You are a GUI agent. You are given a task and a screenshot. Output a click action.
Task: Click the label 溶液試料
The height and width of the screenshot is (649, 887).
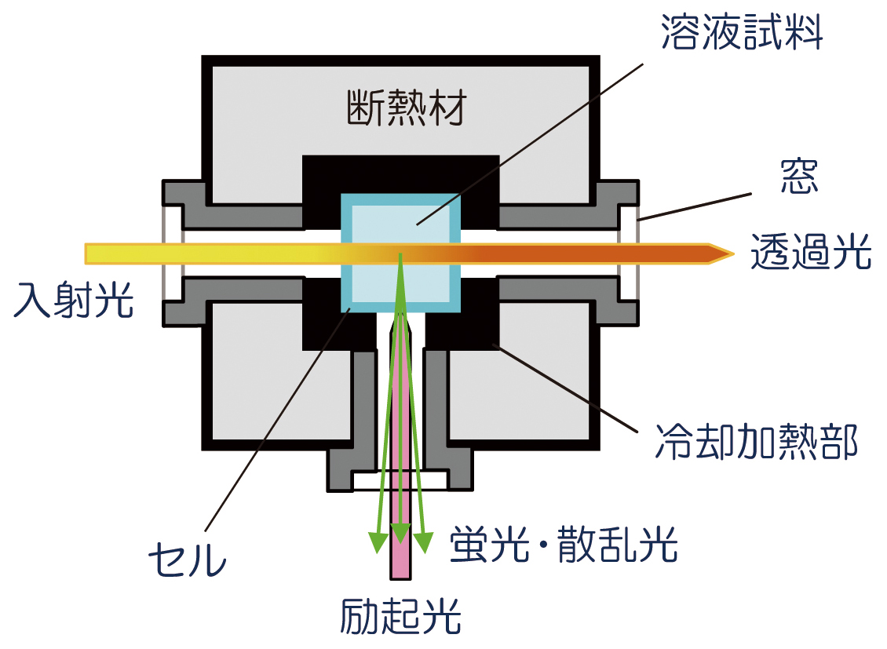[x=742, y=34]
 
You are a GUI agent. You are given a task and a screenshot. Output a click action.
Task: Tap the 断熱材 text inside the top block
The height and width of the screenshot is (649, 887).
[x=406, y=110]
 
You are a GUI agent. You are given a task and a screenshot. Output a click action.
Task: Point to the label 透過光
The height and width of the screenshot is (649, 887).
[x=810, y=253]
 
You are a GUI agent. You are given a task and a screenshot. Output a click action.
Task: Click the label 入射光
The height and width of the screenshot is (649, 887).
[x=74, y=302]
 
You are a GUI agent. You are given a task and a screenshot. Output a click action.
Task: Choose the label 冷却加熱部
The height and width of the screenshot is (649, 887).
[x=756, y=442]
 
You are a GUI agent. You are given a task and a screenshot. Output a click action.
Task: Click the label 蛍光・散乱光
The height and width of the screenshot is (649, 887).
[x=564, y=544]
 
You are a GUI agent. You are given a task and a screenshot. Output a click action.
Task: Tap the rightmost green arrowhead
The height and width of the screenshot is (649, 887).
[x=424, y=542]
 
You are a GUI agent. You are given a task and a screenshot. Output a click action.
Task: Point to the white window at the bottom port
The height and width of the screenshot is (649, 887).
[x=400, y=479]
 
